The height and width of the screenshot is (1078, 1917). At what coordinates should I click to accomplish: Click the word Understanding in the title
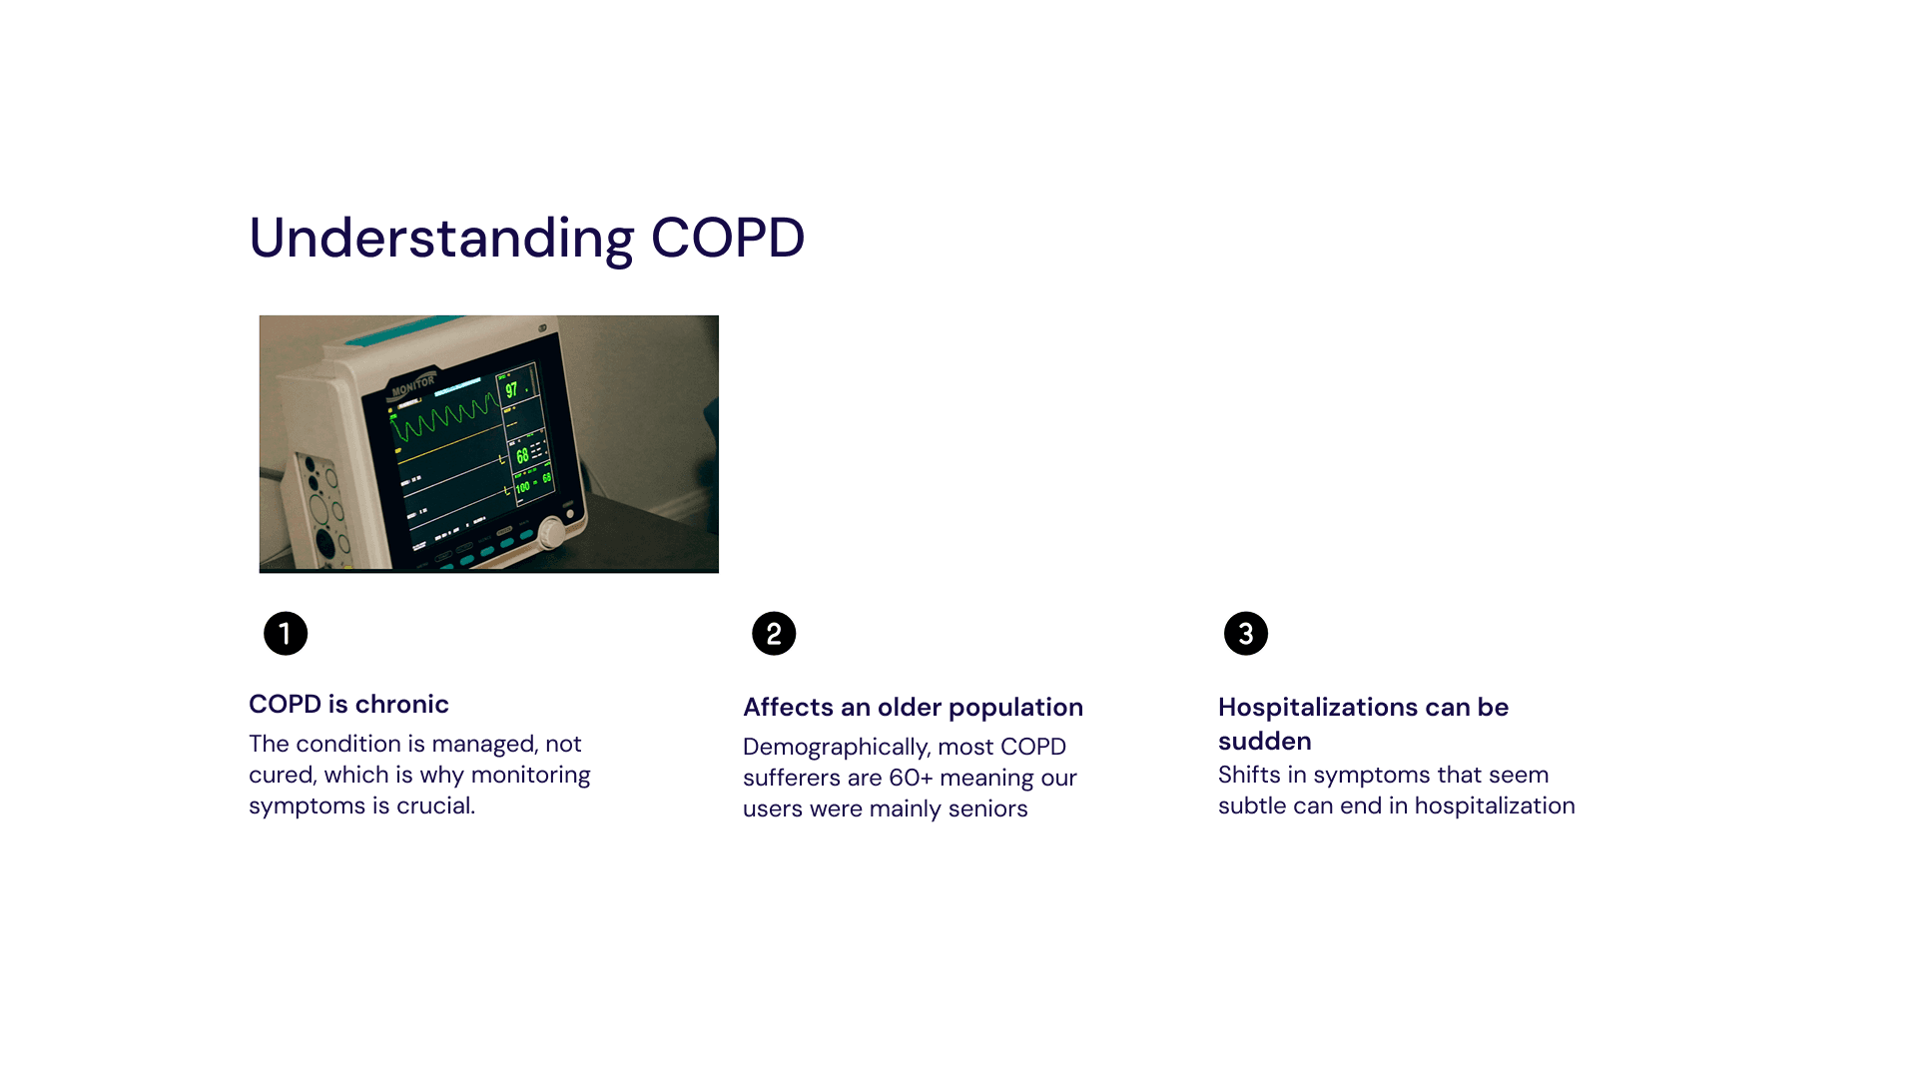tap(441, 240)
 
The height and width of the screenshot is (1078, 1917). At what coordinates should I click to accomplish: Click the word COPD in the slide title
tap(728, 239)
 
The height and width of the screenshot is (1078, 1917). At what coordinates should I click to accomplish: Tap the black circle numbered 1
tap(286, 634)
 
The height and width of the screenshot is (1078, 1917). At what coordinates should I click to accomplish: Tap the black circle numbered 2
tap(774, 634)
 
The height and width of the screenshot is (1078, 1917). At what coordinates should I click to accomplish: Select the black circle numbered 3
tap(1246, 634)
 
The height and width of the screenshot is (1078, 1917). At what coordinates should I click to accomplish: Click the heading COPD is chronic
tap(348, 704)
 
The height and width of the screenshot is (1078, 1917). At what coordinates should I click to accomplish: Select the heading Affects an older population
tap(913, 708)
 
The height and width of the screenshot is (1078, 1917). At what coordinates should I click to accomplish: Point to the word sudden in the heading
tap(1265, 741)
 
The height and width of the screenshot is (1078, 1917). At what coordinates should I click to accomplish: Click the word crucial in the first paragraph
tap(435, 806)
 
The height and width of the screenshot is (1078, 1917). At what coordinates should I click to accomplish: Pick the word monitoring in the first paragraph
tap(530, 776)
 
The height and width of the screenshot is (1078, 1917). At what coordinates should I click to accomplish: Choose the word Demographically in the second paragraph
tap(836, 748)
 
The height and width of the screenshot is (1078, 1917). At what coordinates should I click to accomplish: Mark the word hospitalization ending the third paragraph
tap(1495, 807)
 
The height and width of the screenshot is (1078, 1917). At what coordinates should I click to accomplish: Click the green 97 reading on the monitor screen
tap(511, 390)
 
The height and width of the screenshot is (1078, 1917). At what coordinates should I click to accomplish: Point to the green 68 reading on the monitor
tap(522, 456)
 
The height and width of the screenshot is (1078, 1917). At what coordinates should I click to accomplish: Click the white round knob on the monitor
tap(551, 532)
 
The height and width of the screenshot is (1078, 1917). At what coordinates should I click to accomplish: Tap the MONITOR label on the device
tap(413, 385)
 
